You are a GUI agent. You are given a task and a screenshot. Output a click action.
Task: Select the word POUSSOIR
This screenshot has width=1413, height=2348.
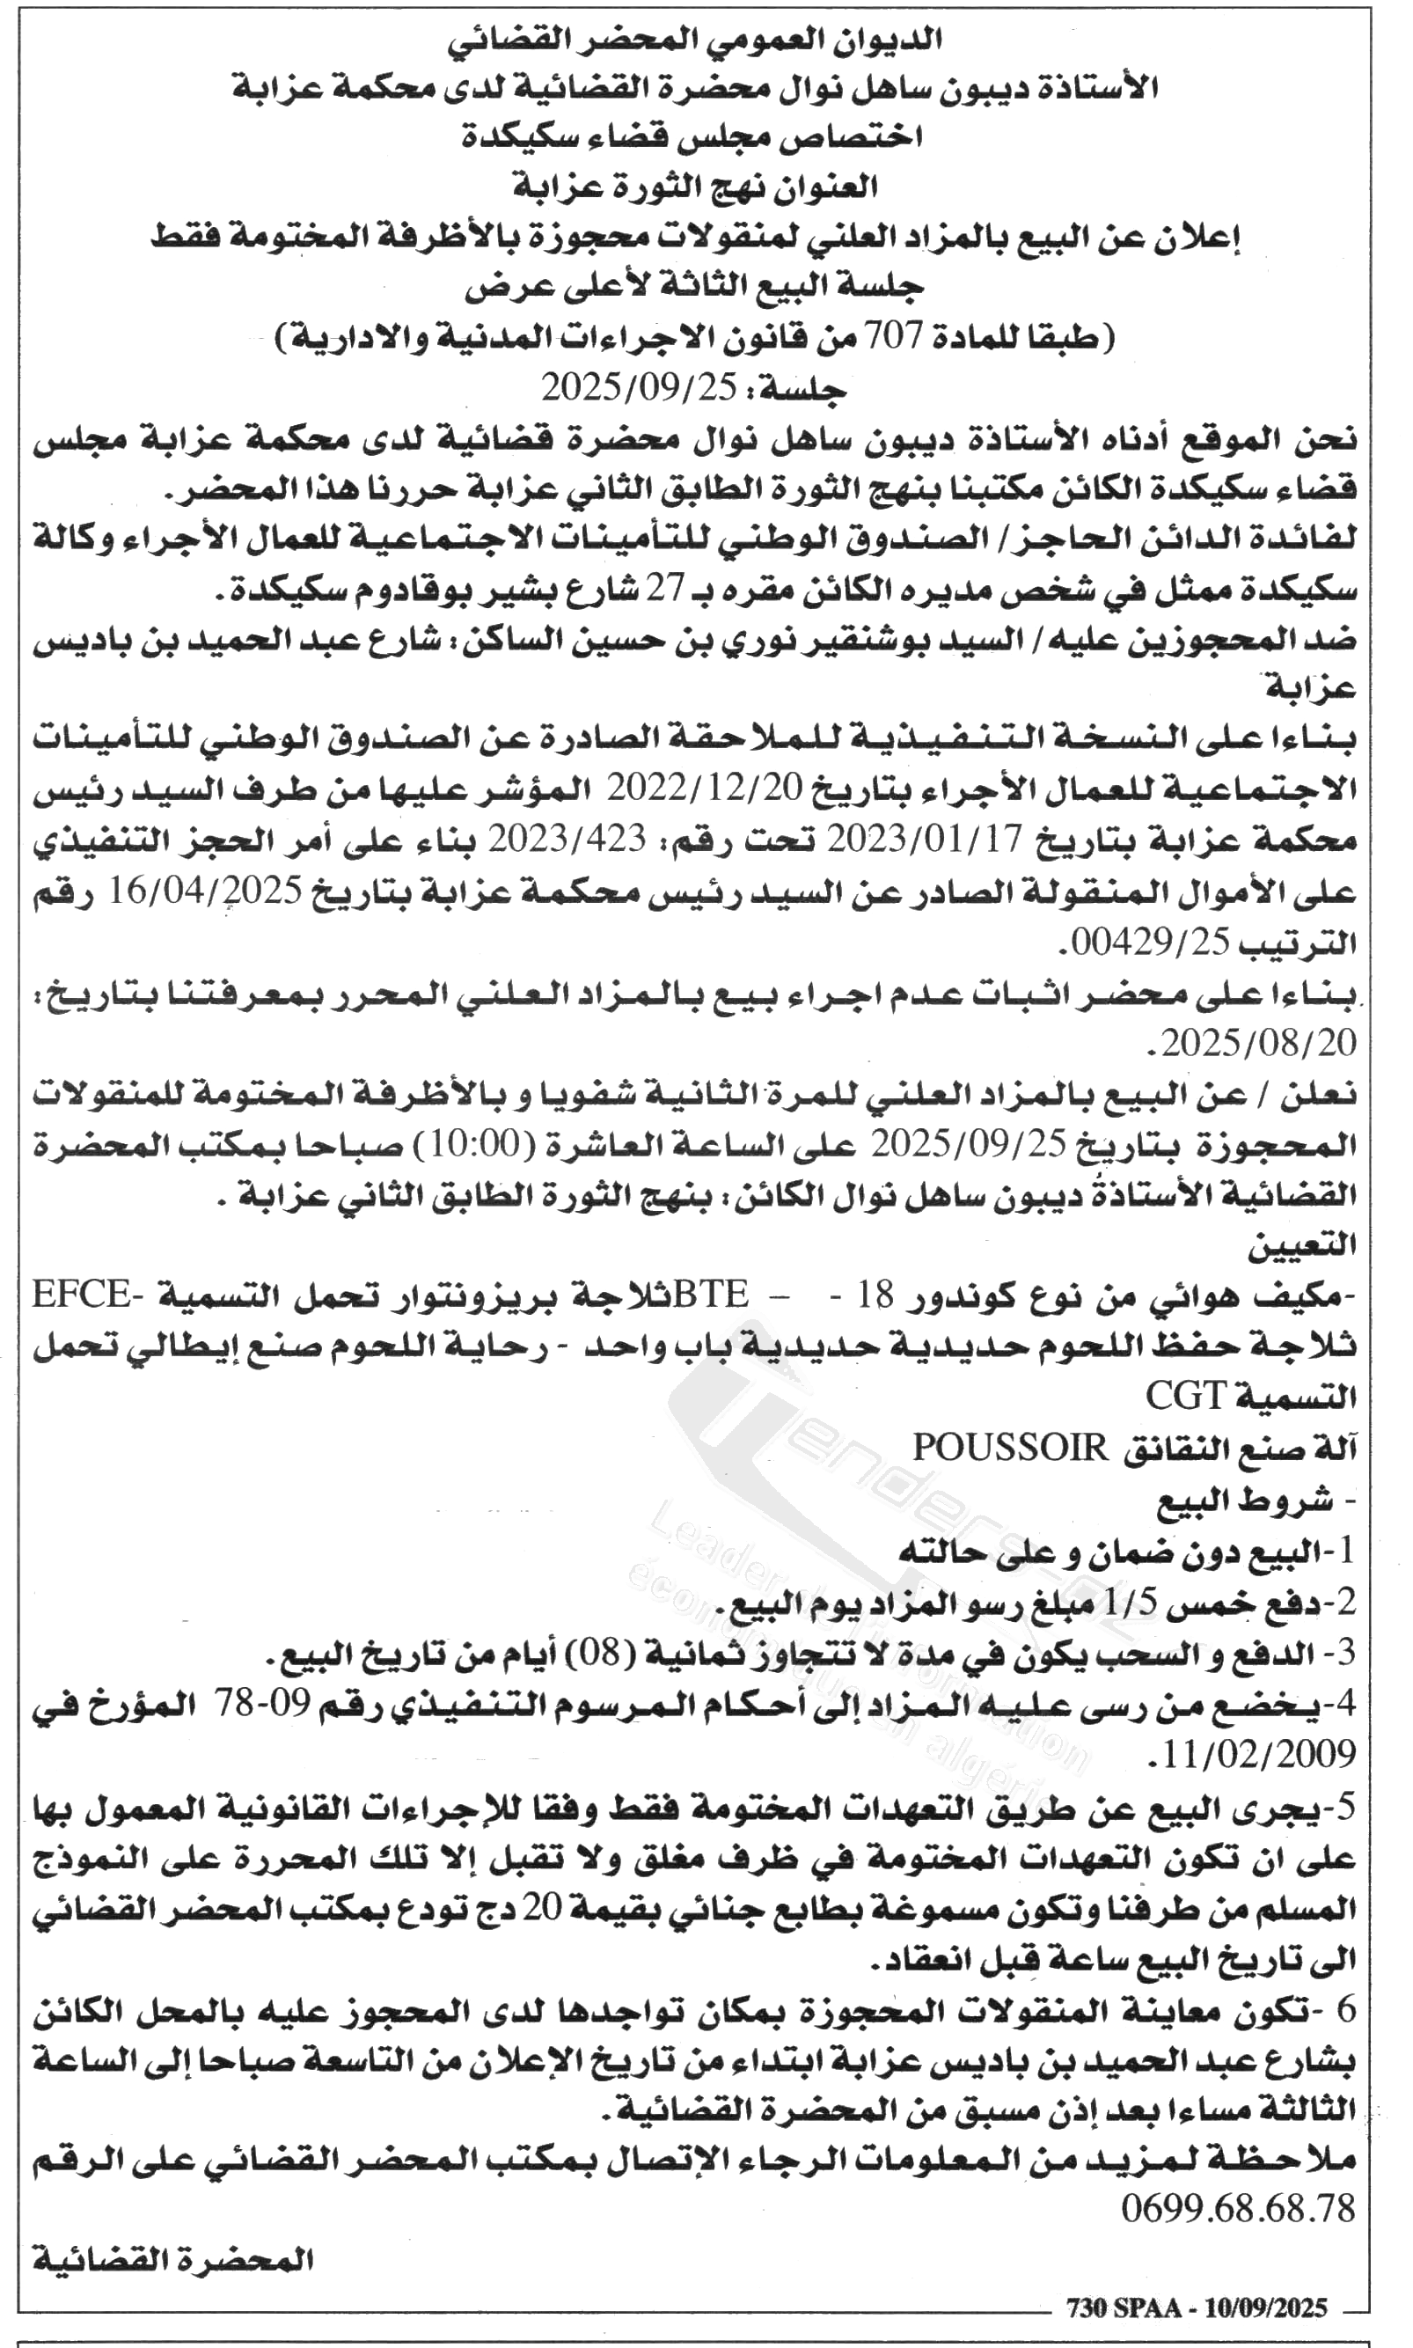1010,1449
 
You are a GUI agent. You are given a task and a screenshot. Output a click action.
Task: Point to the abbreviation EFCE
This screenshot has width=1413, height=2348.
81,1295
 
